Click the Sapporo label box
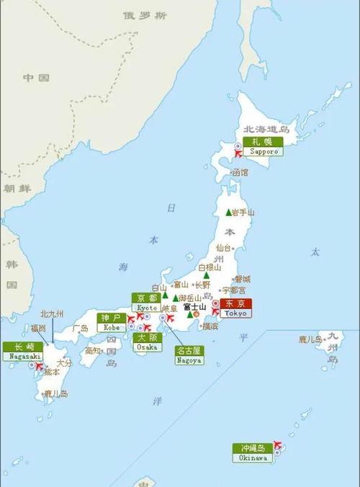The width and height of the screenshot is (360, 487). pyautogui.click(x=263, y=146)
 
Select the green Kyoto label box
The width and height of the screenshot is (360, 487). pyautogui.click(x=146, y=303)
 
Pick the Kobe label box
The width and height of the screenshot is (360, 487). pyautogui.click(x=112, y=322)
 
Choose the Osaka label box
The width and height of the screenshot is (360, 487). pyautogui.click(x=148, y=341)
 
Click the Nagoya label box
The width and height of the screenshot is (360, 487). pyautogui.click(x=189, y=354)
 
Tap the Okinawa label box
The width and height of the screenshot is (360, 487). pyautogui.click(x=253, y=452)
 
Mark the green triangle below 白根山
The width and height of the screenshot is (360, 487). pyautogui.click(x=207, y=274)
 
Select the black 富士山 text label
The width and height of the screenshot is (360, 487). pyautogui.click(x=195, y=307)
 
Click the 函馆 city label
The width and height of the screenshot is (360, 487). pyautogui.click(x=240, y=173)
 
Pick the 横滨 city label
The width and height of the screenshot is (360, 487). pyautogui.click(x=210, y=326)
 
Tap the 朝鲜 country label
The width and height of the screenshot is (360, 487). pyautogui.click(x=16, y=188)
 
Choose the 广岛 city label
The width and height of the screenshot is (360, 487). pyautogui.click(x=80, y=328)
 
